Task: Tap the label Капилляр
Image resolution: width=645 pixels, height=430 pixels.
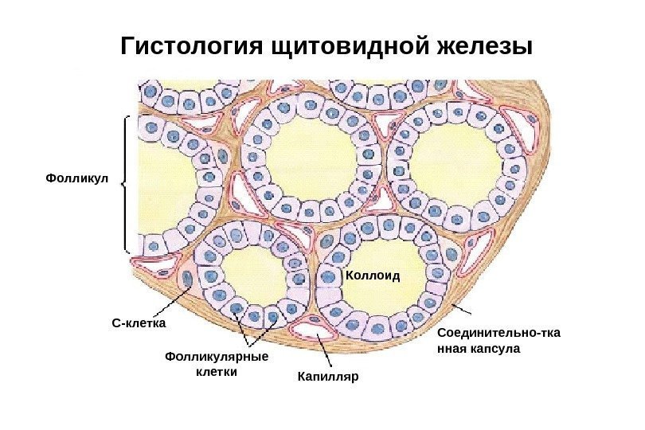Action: tap(329, 374)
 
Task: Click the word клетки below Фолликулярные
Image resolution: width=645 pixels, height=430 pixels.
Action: tap(217, 371)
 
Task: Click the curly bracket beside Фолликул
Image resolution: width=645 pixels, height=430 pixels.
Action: tap(126, 183)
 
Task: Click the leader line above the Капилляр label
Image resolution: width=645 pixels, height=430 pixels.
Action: tap(326, 350)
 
